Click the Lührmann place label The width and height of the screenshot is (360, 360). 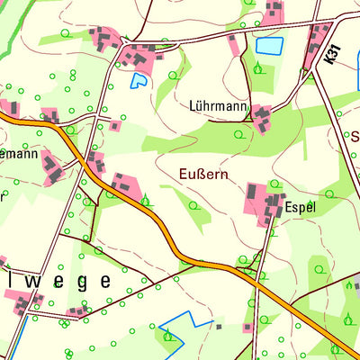[219, 105]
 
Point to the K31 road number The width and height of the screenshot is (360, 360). [332, 56]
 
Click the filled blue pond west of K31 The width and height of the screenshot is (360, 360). [268, 44]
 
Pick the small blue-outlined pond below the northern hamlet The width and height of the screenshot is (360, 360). [139, 81]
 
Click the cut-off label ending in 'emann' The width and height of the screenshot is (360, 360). [18, 154]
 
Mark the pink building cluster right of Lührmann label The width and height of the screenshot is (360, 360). [262, 118]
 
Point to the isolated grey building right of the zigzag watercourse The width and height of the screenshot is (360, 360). [218, 326]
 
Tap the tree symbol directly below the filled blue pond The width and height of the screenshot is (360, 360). [259, 68]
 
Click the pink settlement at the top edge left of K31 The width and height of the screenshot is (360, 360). [274, 11]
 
